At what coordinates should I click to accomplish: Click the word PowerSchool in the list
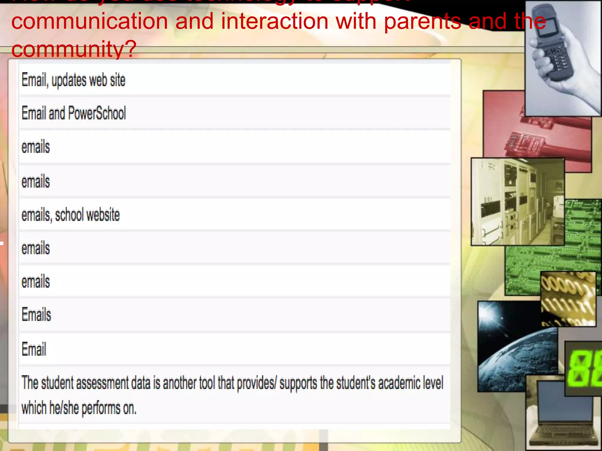click(97, 113)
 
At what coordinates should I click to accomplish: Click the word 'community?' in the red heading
click(74, 49)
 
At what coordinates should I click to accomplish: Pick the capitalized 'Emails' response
click(36, 315)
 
